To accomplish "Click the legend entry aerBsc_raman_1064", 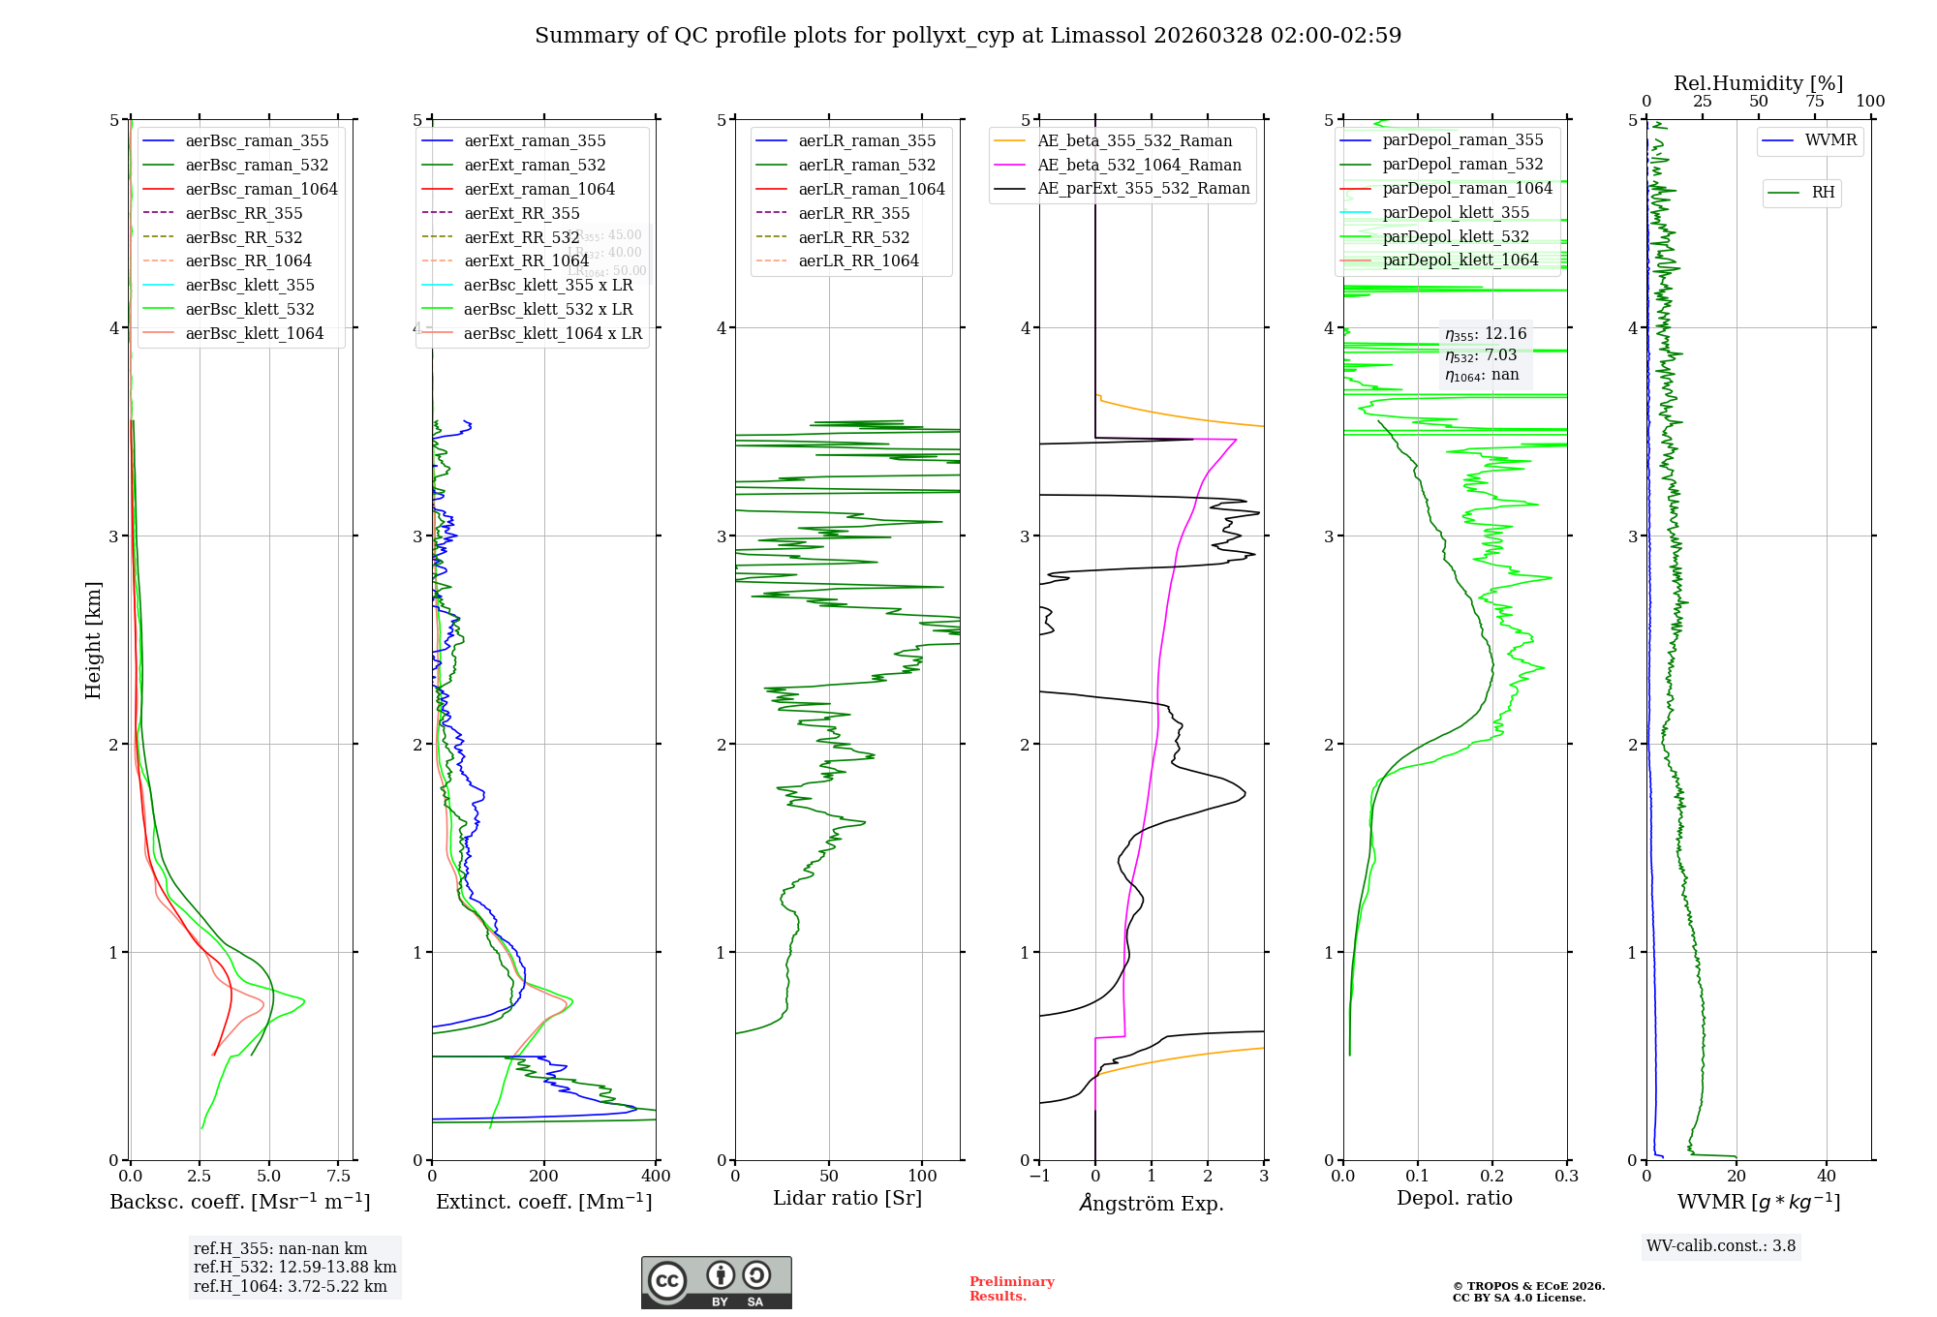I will [x=261, y=189].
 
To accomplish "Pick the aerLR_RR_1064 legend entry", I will [x=858, y=260].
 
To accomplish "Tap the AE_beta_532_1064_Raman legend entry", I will [x=1139, y=165].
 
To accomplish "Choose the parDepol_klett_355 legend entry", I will [x=1456, y=212].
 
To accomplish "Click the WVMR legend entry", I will [x=1830, y=140].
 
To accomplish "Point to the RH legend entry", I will [x=1823, y=193].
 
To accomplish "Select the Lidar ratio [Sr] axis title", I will [x=847, y=1198].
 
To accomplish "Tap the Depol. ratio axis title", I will [x=1454, y=1198].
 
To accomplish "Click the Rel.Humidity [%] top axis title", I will [x=1758, y=83].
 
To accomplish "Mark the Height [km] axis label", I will [x=93, y=639].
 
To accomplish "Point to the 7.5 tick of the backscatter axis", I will [x=338, y=1177].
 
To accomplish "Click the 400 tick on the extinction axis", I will [x=657, y=1177].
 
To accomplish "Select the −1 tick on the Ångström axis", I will [x=1039, y=1177].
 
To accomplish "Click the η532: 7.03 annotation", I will [x=1481, y=355].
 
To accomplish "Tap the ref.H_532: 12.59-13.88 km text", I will [x=294, y=1267].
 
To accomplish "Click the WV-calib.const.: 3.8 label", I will [x=1721, y=1246].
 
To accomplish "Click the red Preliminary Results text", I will [x=1011, y=1289].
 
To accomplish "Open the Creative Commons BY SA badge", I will [x=716, y=1283].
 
